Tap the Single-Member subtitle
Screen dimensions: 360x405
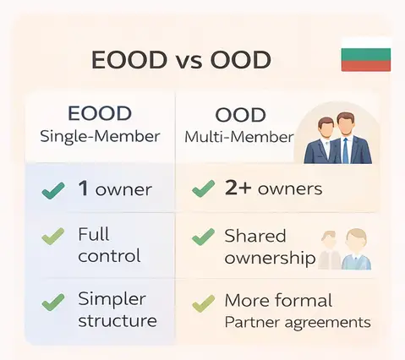(x=100, y=136)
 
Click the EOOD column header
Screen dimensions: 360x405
(x=100, y=113)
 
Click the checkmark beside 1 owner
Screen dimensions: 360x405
(x=53, y=190)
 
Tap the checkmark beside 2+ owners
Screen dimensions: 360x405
(x=203, y=189)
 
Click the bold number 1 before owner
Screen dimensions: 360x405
(x=84, y=188)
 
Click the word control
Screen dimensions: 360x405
(x=109, y=256)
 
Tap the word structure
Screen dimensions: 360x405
(x=117, y=320)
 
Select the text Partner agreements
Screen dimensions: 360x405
(x=297, y=322)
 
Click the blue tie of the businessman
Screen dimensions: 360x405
(x=345, y=149)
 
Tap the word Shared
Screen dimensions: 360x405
(x=254, y=236)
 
